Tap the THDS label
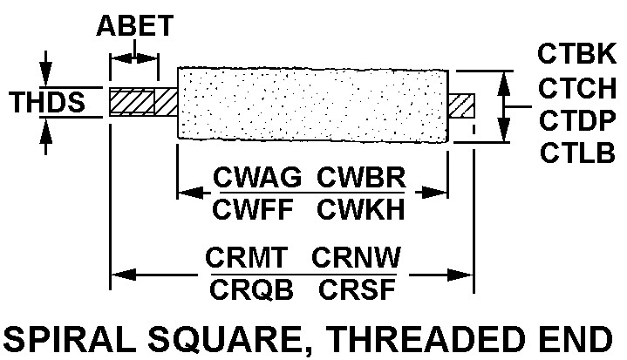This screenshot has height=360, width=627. point(47,103)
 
